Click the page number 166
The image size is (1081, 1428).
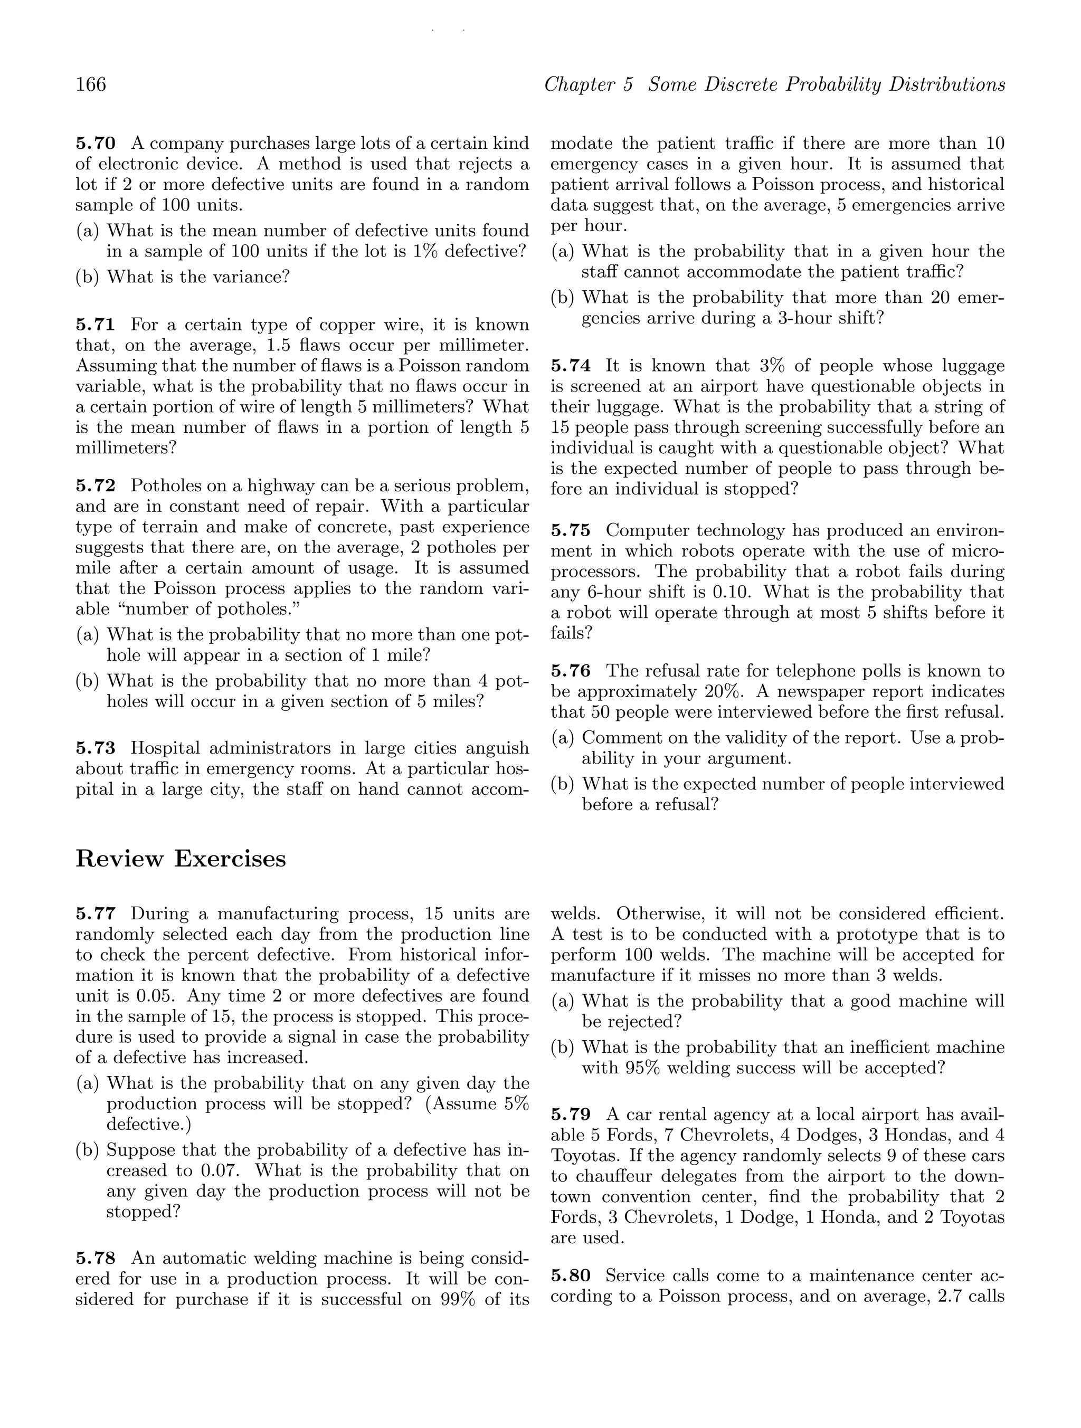point(91,84)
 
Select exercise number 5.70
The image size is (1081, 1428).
point(95,144)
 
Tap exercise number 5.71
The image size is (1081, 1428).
point(95,325)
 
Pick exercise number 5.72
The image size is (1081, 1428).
point(95,485)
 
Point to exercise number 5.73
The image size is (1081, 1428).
point(95,748)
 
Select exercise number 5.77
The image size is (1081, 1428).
point(95,914)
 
